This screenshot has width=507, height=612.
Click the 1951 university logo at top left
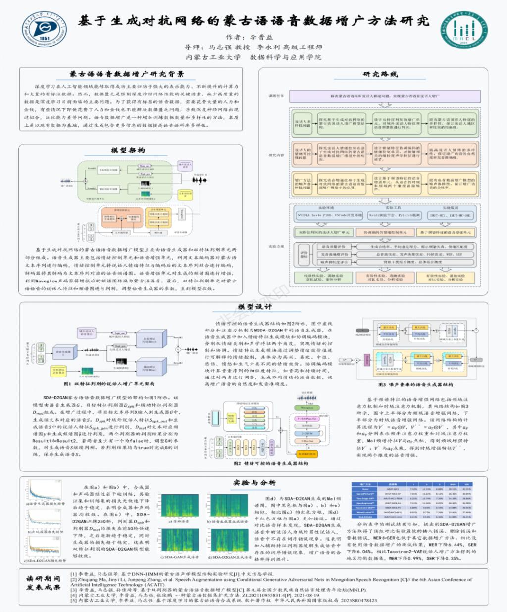click(44, 30)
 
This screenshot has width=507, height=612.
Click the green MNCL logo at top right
click(463, 30)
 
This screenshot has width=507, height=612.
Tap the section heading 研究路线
click(380, 74)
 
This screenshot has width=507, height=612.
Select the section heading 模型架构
click(128, 150)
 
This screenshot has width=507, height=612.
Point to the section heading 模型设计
click(255, 307)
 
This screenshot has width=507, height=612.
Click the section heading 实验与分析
click(254, 482)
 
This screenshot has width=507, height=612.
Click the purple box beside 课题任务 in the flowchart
click(385, 96)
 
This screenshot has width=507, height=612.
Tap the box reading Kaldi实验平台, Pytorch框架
click(394, 215)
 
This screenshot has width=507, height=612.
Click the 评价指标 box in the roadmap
click(304, 254)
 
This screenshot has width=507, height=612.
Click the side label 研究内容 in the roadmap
click(276, 155)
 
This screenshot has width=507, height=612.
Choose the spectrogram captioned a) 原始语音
click(179, 506)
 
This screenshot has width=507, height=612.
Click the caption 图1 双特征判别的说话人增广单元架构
click(109, 384)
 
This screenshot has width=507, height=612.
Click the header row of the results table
click(411, 484)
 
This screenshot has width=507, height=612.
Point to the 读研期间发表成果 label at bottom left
click(44, 583)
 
